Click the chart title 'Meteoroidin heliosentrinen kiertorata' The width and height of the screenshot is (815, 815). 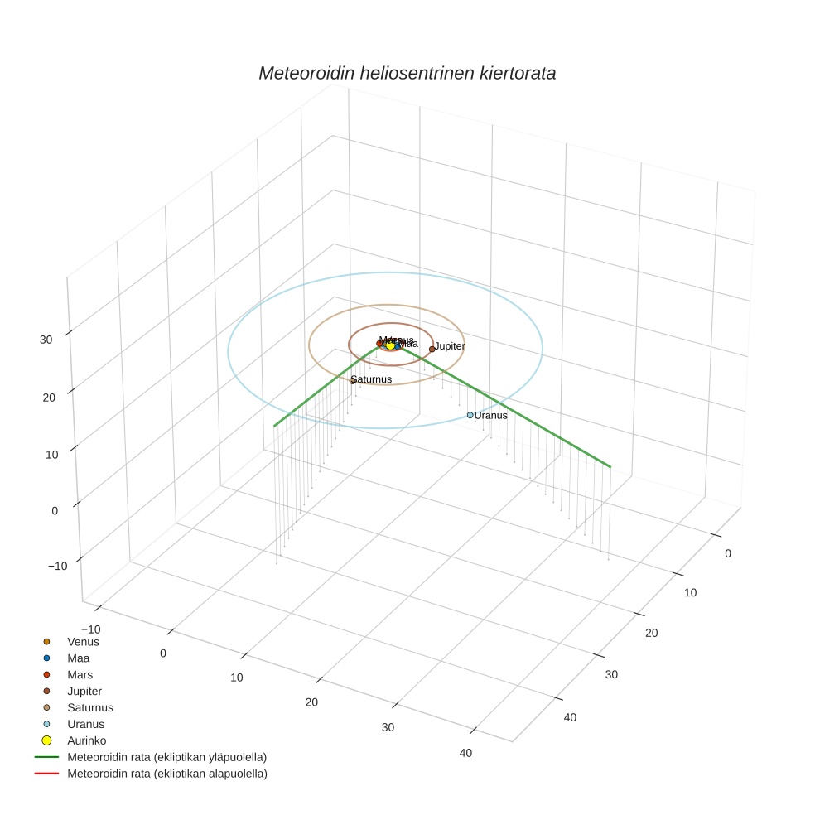tap(407, 73)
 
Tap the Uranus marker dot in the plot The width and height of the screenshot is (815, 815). tap(470, 415)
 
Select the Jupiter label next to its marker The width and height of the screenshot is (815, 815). tap(450, 346)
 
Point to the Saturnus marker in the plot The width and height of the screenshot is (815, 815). tap(353, 380)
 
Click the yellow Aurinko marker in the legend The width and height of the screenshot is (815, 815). tap(46, 740)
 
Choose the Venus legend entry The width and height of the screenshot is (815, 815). tap(83, 641)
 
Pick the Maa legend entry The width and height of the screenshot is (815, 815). tap(78, 658)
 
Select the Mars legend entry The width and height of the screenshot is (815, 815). tap(80, 674)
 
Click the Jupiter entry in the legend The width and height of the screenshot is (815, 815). tap(84, 691)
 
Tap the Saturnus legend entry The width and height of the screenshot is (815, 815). tap(89, 707)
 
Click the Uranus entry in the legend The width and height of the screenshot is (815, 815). tap(85, 724)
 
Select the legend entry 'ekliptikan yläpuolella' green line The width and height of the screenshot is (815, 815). tap(166, 757)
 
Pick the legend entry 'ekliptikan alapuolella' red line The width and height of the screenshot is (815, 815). tap(166, 774)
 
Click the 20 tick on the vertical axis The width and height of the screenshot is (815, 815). tap(48, 397)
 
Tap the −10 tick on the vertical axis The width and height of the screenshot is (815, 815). tap(58, 566)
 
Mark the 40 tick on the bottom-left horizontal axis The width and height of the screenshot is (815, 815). tap(465, 753)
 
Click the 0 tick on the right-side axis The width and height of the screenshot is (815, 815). tap(727, 553)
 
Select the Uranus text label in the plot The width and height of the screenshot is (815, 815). tap(491, 415)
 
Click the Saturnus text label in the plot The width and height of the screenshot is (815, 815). tap(373, 379)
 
